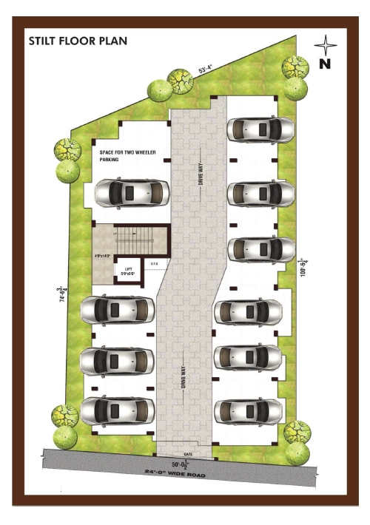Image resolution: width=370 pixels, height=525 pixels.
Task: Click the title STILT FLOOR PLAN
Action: click(x=78, y=41)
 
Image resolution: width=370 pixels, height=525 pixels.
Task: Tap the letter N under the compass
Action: click(x=324, y=64)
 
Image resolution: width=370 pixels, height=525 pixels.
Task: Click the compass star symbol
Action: click(x=326, y=45)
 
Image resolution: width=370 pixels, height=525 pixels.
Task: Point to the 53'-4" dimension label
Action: click(x=206, y=70)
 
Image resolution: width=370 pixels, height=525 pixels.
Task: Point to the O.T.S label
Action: click(x=154, y=263)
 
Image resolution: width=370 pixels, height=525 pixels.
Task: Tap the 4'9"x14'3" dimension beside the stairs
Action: click(x=103, y=257)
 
